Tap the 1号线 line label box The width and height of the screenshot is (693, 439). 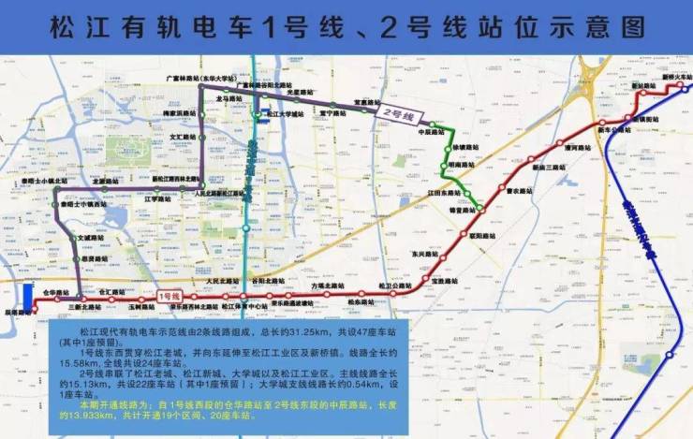[169, 297]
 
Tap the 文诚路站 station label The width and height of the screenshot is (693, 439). [88, 238]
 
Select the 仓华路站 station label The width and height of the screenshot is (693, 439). [58, 291]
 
